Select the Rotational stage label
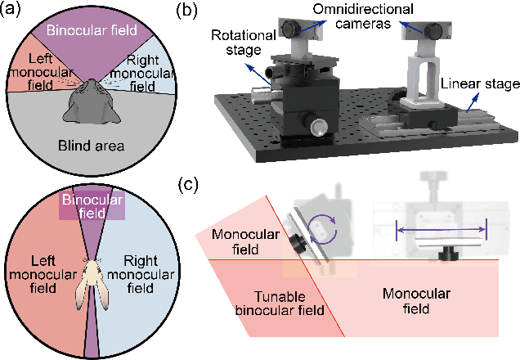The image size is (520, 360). point(237,43)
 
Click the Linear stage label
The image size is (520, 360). point(478,84)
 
